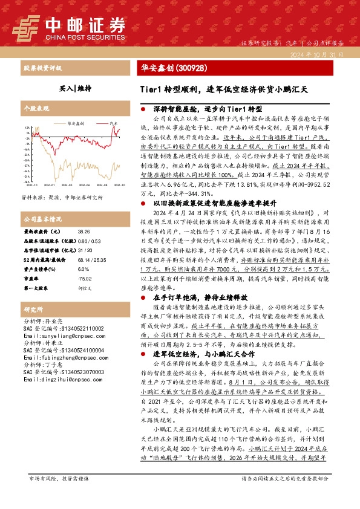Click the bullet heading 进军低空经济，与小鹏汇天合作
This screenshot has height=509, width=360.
point(203,353)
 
